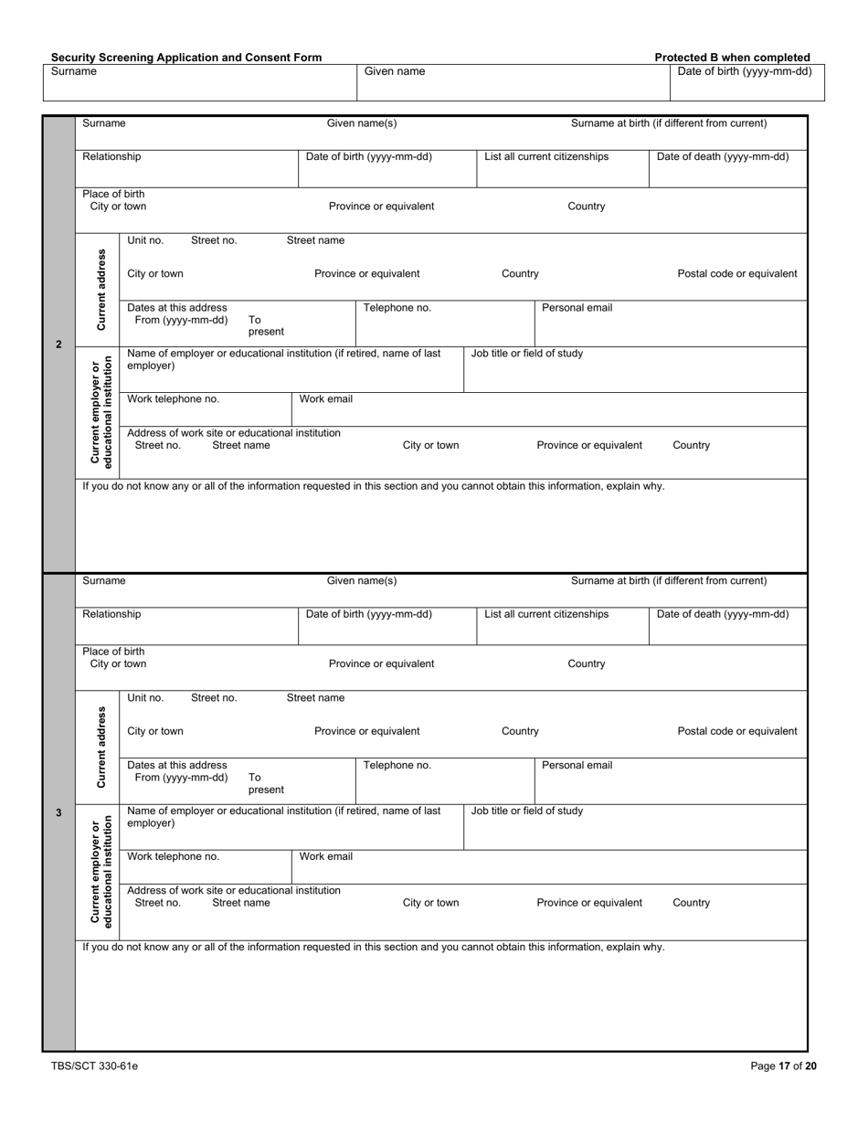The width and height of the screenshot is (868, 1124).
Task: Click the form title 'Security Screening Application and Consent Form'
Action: pos(186,57)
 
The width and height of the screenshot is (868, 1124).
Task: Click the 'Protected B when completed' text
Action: pos(732,57)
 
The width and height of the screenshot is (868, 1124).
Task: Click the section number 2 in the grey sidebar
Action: pos(58,345)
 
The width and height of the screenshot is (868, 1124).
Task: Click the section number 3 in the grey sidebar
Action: pos(58,812)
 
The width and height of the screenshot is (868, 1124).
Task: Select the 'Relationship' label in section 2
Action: pos(111,156)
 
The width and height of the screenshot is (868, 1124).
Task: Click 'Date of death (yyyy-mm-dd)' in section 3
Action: pos(723,614)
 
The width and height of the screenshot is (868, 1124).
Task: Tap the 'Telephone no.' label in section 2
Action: pos(397,308)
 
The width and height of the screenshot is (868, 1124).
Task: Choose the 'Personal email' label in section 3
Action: pos(577,766)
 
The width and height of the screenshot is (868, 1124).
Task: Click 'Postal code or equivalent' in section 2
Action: pos(736,273)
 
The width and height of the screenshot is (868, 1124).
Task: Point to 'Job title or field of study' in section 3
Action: pos(526,811)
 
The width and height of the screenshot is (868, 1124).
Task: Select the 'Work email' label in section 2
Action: pos(326,399)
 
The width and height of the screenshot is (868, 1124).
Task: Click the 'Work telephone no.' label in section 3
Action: pos(173,857)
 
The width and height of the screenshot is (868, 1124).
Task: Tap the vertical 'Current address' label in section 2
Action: pos(101,290)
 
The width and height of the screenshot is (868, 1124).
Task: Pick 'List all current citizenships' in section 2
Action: pos(546,156)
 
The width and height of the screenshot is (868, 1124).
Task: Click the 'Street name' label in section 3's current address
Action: pos(315,698)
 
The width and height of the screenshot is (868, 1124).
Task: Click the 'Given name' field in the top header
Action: pos(395,71)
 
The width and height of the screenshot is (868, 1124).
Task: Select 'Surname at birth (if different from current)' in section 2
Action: pos(669,123)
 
